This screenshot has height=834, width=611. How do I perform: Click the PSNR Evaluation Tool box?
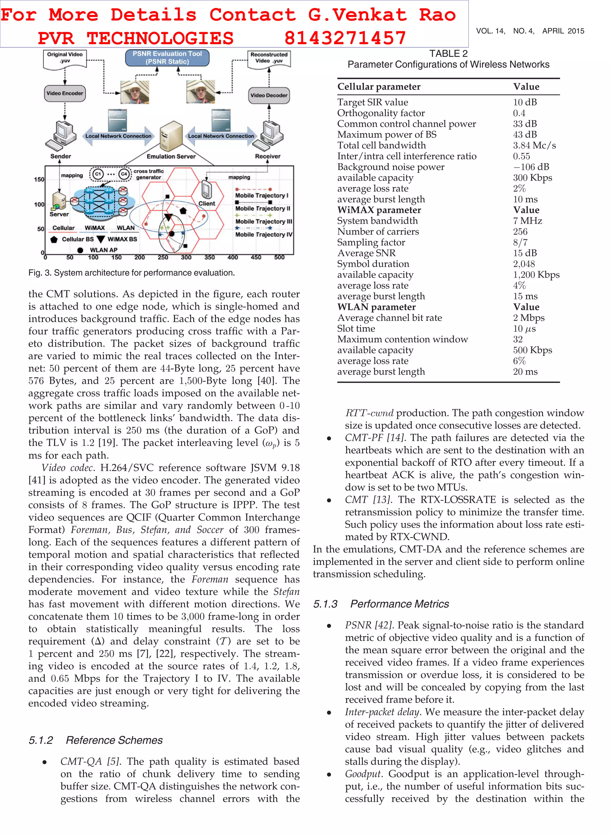[167, 58]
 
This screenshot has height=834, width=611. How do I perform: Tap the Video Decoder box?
[269, 95]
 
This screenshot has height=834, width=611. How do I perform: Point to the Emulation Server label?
[171, 156]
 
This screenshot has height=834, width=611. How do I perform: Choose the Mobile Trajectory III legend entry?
[263, 221]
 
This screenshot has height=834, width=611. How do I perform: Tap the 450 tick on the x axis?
[256, 258]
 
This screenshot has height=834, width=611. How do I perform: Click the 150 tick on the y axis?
[39, 180]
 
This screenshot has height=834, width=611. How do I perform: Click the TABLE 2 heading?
[448, 54]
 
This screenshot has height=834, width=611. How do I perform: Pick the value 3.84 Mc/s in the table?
[534, 145]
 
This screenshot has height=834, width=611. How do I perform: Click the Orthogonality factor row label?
[381, 113]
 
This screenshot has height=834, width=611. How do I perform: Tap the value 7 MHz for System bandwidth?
[527, 221]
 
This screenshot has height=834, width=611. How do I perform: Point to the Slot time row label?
[356, 329]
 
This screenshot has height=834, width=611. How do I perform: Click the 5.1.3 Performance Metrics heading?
[381, 604]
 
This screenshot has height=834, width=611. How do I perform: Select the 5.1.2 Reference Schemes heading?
[96, 740]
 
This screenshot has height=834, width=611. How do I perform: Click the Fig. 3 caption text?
[131, 273]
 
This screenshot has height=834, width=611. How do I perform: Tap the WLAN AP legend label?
[104, 250]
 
